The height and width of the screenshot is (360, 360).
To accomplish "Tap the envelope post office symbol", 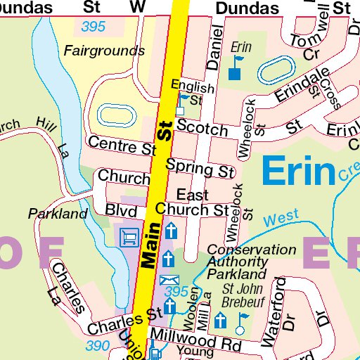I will click(x=169, y=280).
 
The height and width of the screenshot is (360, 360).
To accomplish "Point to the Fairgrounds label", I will click(x=104, y=51).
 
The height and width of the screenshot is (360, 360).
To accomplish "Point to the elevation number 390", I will click(x=98, y=345).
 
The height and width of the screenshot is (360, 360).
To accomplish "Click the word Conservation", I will click(x=251, y=250).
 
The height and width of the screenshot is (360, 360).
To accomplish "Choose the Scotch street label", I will click(x=202, y=129).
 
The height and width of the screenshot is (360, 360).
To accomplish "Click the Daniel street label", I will click(x=214, y=50).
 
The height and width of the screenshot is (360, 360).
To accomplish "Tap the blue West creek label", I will click(x=283, y=218).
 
